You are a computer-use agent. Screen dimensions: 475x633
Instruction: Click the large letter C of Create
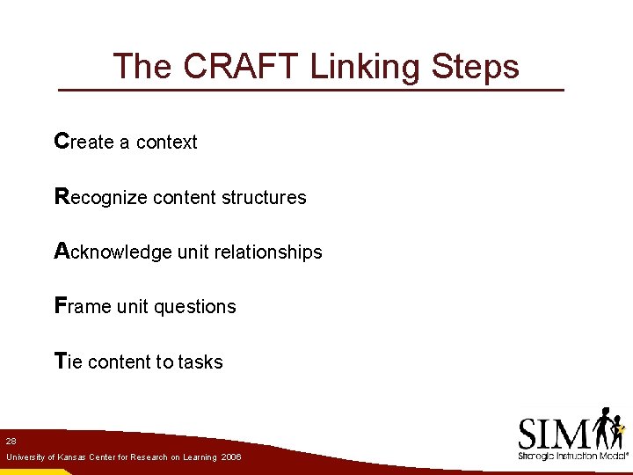[61, 141]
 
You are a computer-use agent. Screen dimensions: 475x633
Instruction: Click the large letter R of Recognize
[62, 196]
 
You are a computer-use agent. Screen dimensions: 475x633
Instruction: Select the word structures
[264, 198]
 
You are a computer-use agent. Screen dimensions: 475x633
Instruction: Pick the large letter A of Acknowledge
[62, 251]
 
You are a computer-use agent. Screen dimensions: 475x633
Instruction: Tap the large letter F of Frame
[60, 305]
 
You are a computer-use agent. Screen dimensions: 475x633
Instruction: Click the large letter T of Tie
[60, 361]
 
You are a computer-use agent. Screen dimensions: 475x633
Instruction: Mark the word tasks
[200, 362]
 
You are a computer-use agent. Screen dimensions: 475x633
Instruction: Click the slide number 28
[11, 441]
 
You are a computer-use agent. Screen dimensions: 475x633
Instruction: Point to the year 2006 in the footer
[231, 457]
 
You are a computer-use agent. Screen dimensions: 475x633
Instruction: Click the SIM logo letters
[554, 433]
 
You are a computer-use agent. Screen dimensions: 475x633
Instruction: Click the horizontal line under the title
[310, 90]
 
